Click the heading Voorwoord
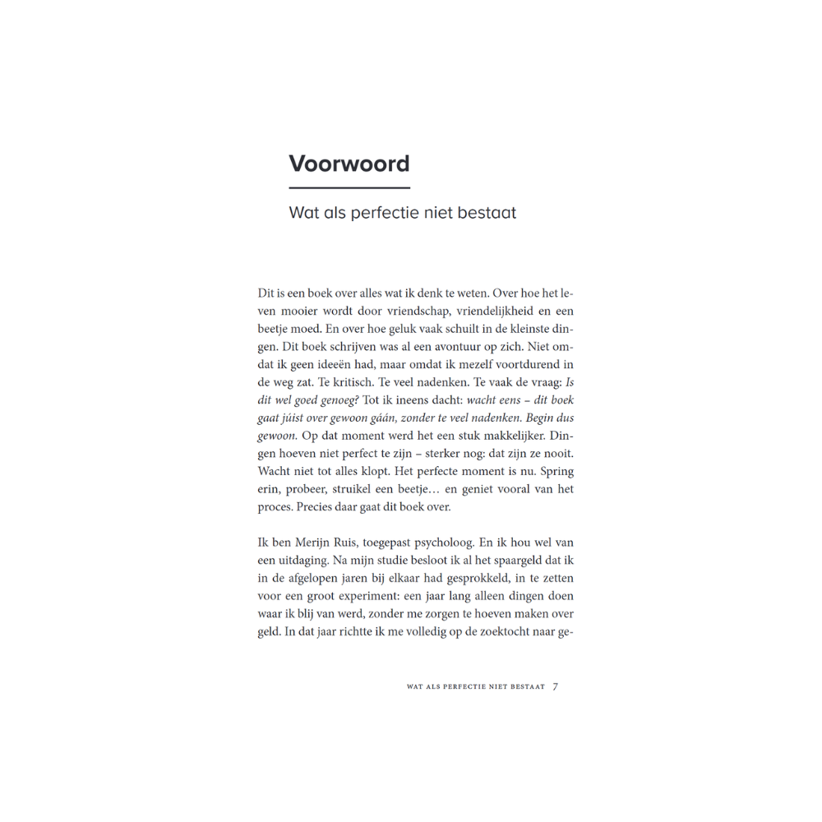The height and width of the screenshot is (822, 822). click(x=349, y=164)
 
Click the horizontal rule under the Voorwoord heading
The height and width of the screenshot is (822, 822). click(x=349, y=188)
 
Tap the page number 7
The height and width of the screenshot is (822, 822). click(x=556, y=687)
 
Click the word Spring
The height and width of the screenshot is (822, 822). click(x=556, y=471)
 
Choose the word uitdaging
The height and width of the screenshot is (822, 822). click(x=305, y=561)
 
